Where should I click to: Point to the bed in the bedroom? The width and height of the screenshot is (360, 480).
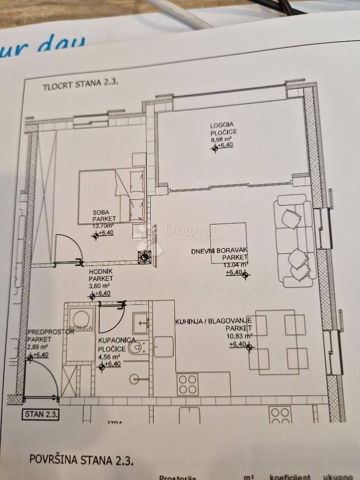[x=113, y=194]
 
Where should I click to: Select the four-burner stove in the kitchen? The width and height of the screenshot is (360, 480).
[x=188, y=384]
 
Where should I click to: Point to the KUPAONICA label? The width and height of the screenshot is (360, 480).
[x=113, y=340]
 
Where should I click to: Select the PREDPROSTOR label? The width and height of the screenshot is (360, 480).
[x=44, y=332]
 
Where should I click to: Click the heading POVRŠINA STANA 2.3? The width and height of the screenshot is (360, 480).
[x=82, y=459]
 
